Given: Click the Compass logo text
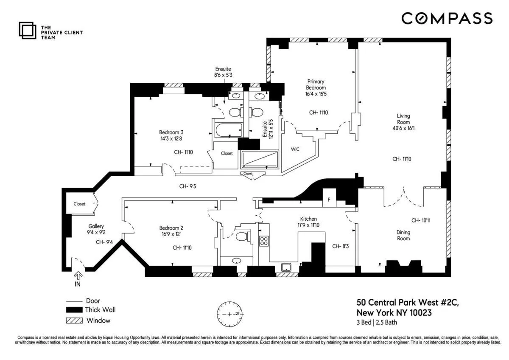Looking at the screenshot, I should (x=447, y=18).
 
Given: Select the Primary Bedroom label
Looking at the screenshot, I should (x=316, y=84).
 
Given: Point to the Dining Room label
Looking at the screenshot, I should (x=403, y=235).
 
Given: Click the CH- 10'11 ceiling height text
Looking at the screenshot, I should (x=421, y=220).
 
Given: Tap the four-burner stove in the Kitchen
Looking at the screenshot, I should (x=264, y=241).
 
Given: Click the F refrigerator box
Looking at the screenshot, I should (x=328, y=200).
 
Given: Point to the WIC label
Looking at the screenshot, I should (x=295, y=149).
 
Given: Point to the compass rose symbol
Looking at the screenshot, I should (x=229, y=314).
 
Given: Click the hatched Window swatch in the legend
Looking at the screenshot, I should (x=74, y=321).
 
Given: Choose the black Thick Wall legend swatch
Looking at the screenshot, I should (x=74, y=310).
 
